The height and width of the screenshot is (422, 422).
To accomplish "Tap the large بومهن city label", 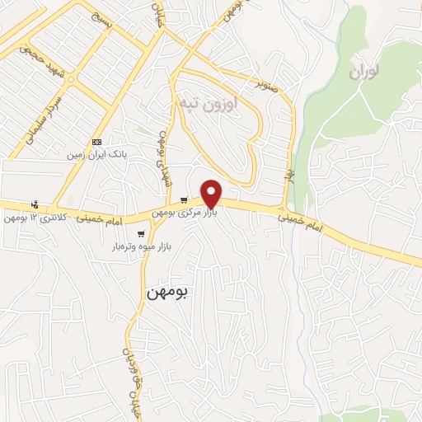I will [x=166, y=293].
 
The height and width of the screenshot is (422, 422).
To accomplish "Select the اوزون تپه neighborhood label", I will [x=212, y=105].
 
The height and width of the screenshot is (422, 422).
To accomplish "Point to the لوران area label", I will [x=368, y=73].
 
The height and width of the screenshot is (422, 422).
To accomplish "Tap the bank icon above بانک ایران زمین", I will [x=98, y=142].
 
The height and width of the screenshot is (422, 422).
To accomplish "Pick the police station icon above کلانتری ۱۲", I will [x=34, y=204].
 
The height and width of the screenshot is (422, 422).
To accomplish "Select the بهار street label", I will [x=290, y=176].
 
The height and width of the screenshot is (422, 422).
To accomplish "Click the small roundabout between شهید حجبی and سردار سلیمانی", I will [x=71, y=80].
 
